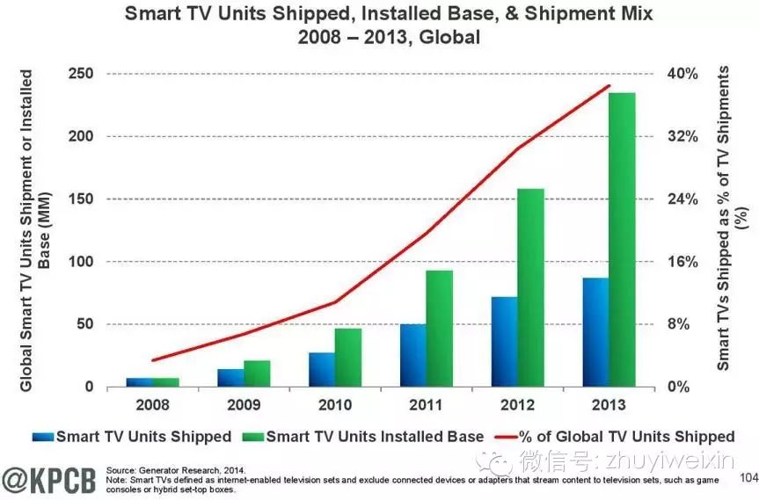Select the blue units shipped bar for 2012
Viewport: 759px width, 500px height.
504,342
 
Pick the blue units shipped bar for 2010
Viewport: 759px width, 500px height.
322,369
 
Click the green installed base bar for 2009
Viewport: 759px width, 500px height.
257,373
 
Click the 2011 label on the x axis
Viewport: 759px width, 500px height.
426,405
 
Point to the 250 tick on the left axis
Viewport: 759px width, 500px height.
81,74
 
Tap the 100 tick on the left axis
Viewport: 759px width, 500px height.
81,262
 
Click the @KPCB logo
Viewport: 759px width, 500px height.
49,478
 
